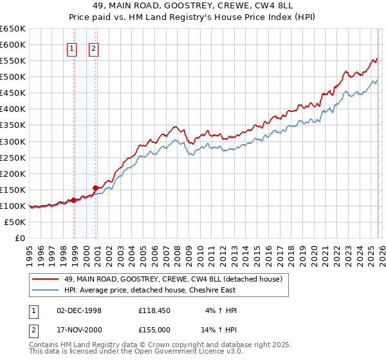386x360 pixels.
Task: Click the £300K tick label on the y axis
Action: coord(12,141)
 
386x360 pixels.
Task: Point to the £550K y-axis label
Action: coord(12,61)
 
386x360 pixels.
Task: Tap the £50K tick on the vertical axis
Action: coord(15,222)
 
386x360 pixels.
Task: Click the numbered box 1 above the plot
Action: coord(72,48)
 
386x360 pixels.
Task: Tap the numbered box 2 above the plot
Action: coord(94,48)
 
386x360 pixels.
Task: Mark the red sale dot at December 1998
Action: coord(73,200)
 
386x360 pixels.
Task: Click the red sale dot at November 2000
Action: coord(96,188)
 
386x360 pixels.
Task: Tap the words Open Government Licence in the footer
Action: coord(181,353)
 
